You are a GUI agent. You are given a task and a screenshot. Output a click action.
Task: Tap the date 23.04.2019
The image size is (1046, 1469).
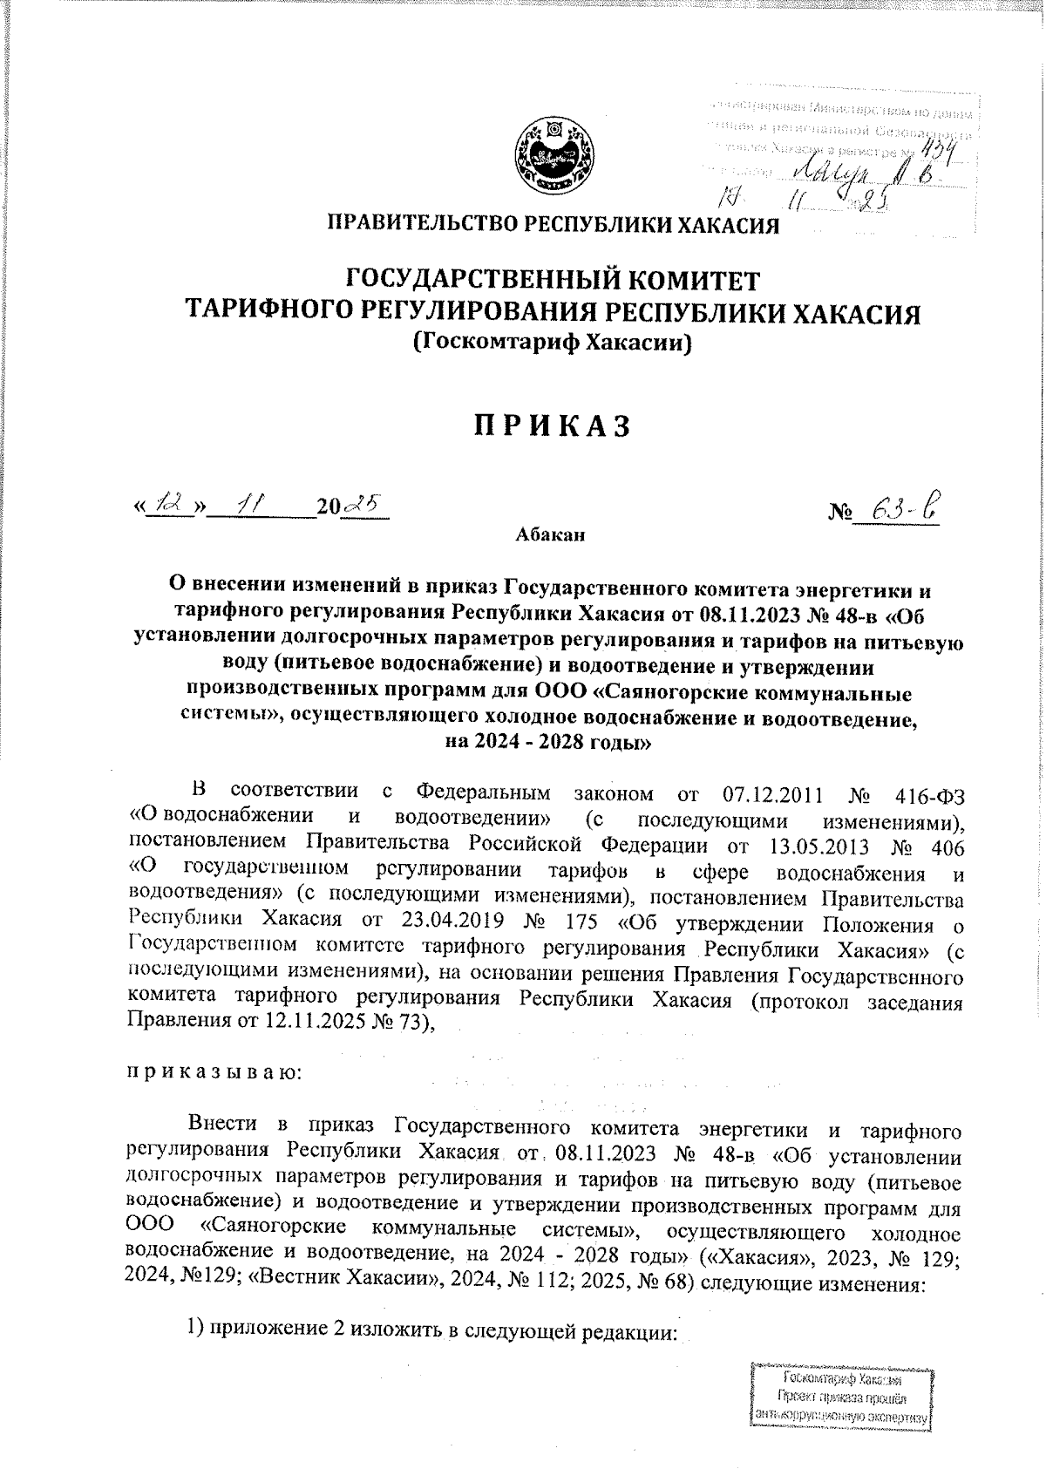(451, 919)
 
